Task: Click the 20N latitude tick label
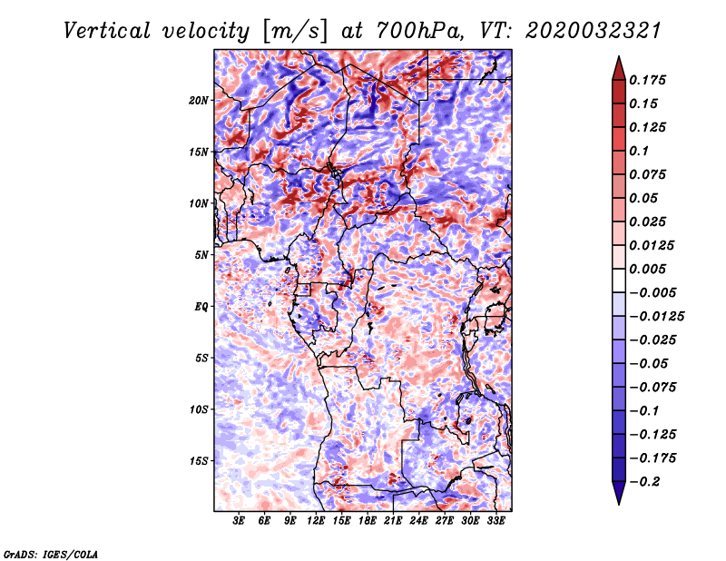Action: pyautogui.click(x=199, y=101)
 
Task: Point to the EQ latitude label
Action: pyautogui.click(x=201, y=307)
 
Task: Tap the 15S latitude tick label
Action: pyautogui.click(x=199, y=461)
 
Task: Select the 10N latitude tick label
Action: pyautogui.click(x=199, y=203)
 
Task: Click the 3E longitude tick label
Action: pyautogui.click(x=239, y=520)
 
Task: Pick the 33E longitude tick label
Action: pyautogui.click(x=495, y=520)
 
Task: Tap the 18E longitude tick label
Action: pyautogui.click(x=368, y=520)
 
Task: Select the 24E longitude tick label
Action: pyautogui.click(x=418, y=520)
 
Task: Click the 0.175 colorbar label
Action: pyautogui.click(x=647, y=80)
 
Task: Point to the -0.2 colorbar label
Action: pyautogui.click(x=645, y=482)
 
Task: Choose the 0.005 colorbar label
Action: pyautogui.click(x=647, y=269)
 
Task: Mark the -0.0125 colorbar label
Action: pyautogui.click(x=656, y=317)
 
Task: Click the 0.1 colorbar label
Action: pyautogui.click(x=639, y=151)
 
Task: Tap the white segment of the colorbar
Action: pyautogui.click(x=619, y=280)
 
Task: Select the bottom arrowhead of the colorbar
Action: pyautogui.click(x=619, y=493)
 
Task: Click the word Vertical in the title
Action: pyautogui.click(x=107, y=31)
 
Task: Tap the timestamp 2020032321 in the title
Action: pyautogui.click(x=594, y=31)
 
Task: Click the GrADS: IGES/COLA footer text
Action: pyautogui.click(x=51, y=555)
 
